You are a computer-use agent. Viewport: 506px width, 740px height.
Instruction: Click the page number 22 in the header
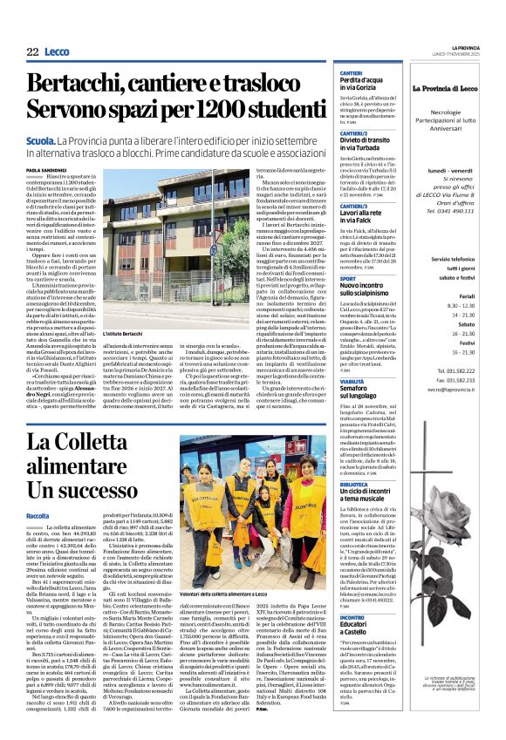[32, 52]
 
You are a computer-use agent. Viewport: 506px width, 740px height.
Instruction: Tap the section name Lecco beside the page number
[57, 52]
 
